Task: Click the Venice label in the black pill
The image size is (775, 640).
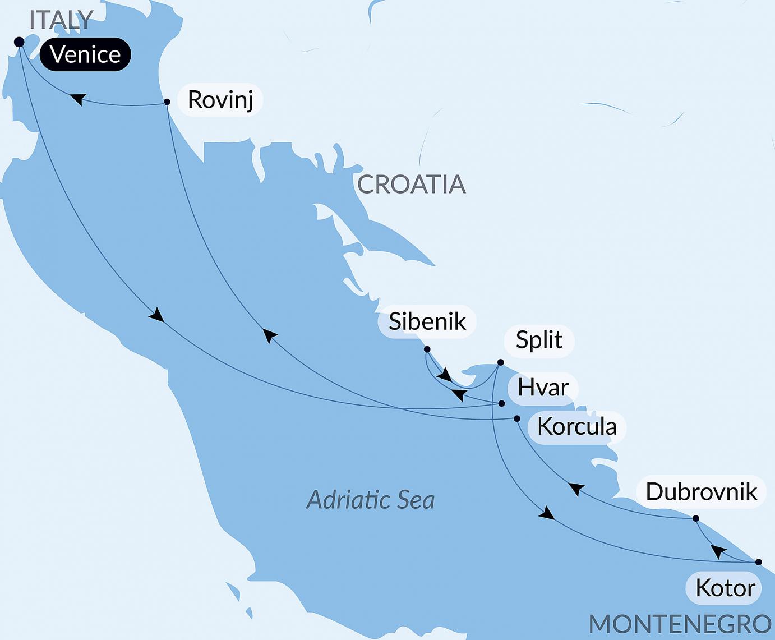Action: pyautogui.click(x=85, y=54)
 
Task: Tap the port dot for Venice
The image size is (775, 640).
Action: pyautogui.click(x=19, y=42)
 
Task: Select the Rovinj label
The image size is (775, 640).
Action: pyautogui.click(x=220, y=100)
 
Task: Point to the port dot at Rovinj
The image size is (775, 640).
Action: pyautogui.click(x=167, y=102)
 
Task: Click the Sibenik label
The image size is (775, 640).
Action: pyautogui.click(x=427, y=321)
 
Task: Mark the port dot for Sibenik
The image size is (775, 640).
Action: pyautogui.click(x=427, y=349)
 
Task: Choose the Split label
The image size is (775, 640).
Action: pyautogui.click(x=539, y=340)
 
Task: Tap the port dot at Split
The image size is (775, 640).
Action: pyautogui.click(x=501, y=362)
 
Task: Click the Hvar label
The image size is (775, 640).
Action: pyautogui.click(x=543, y=388)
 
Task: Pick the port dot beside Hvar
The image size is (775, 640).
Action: pyautogui.click(x=502, y=403)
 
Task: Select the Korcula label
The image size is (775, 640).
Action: pyautogui.click(x=576, y=427)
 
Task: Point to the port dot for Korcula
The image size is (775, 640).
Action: pyautogui.click(x=517, y=418)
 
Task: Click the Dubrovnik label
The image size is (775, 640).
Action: pyautogui.click(x=701, y=492)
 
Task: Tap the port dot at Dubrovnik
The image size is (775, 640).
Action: pyautogui.click(x=696, y=518)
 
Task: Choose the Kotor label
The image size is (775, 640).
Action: pyautogui.click(x=725, y=588)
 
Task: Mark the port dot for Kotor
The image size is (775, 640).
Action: pyautogui.click(x=759, y=562)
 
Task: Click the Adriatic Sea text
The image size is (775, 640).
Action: pyautogui.click(x=371, y=500)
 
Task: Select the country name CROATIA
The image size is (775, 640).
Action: pyautogui.click(x=411, y=185)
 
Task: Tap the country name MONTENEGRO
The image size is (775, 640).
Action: pyautogui.click(x=680, y=624)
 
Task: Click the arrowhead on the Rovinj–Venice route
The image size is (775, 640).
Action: pyautogui.click(x=79, y=99)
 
